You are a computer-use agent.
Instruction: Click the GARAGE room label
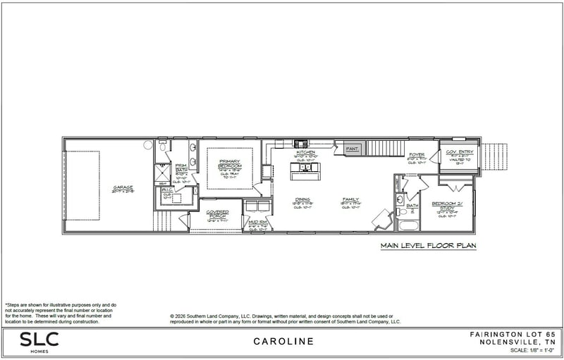click(123, 187)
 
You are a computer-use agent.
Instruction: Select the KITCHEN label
click(306, 152)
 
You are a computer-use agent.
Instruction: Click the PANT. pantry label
click(352, 149)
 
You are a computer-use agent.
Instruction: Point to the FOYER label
click(417, 155)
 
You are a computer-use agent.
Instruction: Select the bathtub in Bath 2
click(408, 225)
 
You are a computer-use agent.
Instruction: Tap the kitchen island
click(305, 168)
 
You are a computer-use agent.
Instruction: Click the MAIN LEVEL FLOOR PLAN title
click(428, 246)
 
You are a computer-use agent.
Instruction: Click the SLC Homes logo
click(39, 342)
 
